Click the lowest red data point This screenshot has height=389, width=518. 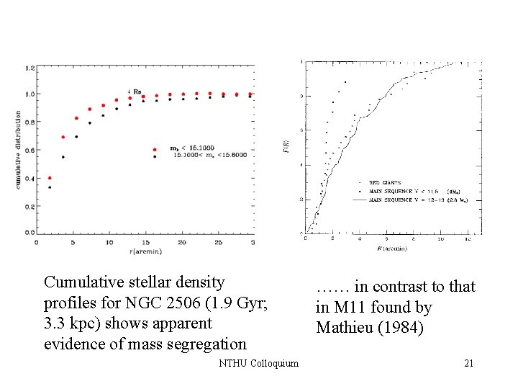tap(49, 178)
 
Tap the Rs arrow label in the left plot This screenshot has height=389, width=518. tap(134, 91)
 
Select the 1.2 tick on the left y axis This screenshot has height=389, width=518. tap(29, 68)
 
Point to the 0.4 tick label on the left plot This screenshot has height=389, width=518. tap(29, 179)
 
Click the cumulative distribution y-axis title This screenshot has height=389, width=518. tap(17, 150)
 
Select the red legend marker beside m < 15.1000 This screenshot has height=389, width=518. tap(155, 150)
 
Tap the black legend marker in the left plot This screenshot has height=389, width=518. tap(155, 156)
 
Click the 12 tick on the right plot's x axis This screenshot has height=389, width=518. tap(468, 239)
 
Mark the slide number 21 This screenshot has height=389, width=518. tap(468, 364)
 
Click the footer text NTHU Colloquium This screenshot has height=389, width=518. tap(258, 364)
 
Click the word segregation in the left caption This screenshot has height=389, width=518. tap(207, 344)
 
